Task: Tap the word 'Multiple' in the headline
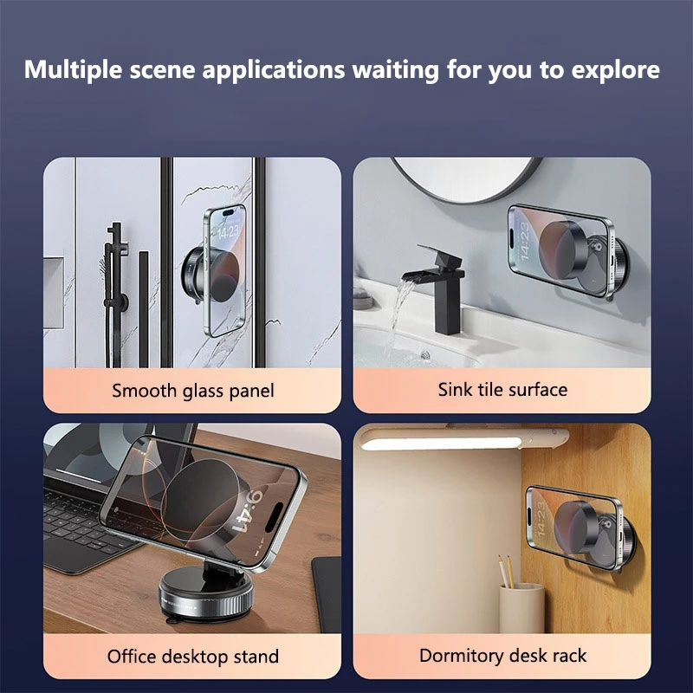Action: pos(67,70)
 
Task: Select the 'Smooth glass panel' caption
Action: pos(192,391)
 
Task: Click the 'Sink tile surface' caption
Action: pos(502,389)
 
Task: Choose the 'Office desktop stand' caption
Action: pos(192,656)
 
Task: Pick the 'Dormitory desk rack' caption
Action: pos(502,655)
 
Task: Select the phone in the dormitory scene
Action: pos(564,526)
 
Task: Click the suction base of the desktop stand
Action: pos(203,599)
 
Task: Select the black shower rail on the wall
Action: pos(113,269)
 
